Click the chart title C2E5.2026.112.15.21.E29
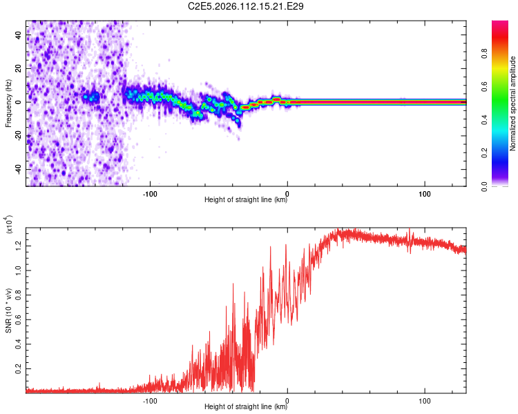(x=247, y=6)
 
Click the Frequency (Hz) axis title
(x=8, y=103)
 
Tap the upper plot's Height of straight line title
(x=246, y=201)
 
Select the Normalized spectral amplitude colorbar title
(x=513, y=103)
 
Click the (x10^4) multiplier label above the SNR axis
(x=10, y=224)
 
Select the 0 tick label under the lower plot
(x=287, y=400)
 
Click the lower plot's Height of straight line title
(x=246, y=407)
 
